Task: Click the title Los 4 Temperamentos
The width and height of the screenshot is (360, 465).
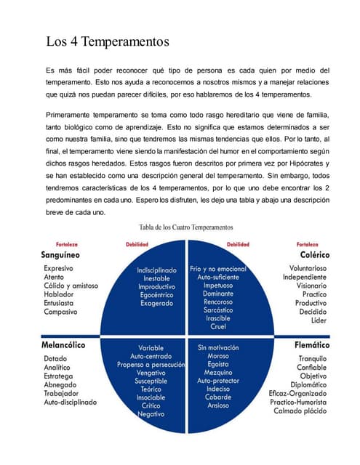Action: tap(108, 41)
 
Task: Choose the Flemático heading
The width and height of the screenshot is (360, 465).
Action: tap(311, 345)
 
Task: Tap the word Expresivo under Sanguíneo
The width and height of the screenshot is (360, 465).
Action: tap(63, 268)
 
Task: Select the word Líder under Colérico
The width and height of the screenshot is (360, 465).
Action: tap(319, 320)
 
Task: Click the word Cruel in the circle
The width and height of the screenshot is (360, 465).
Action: tap(217, 326)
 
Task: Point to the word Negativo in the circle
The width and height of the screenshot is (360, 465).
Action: tap(151, 413)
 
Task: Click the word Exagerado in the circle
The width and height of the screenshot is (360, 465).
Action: tap(157, 303)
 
